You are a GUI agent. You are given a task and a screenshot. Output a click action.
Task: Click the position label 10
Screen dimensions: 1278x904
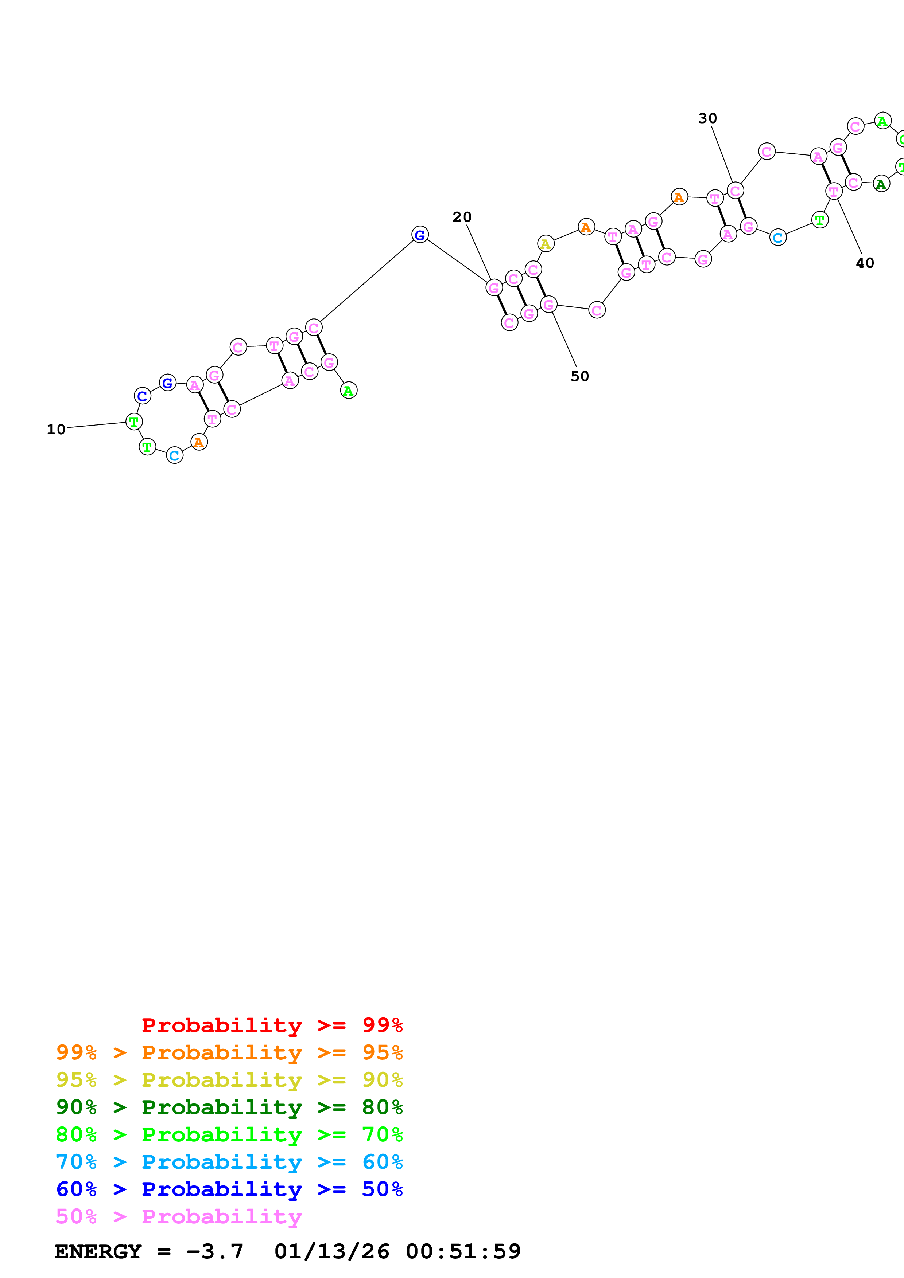point(56,429)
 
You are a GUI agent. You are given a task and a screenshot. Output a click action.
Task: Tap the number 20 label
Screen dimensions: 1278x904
point(462,217)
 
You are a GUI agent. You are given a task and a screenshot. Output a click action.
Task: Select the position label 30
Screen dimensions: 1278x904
point(707,118)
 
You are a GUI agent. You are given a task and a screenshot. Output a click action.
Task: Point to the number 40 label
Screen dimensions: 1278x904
point(865,263)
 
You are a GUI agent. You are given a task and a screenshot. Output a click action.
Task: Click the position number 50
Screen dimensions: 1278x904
point(579,376)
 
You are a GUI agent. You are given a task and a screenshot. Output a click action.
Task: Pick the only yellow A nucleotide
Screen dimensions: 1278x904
point(545,244)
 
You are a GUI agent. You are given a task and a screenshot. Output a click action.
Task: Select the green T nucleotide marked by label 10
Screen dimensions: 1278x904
point(134,422)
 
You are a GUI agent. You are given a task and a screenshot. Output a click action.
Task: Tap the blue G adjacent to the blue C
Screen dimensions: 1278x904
point(167,383)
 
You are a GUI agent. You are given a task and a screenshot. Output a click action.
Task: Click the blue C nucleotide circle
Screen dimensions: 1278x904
point(143,396)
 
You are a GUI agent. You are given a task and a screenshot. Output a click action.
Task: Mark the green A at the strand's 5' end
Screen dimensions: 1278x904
point(349,391)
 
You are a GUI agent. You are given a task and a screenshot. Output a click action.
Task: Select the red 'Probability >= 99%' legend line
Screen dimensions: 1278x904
point(272,1025)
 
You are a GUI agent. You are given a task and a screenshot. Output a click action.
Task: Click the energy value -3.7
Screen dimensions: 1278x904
point(214,1252)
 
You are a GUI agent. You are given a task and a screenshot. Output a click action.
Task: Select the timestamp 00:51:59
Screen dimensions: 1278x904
point(463,1252)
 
